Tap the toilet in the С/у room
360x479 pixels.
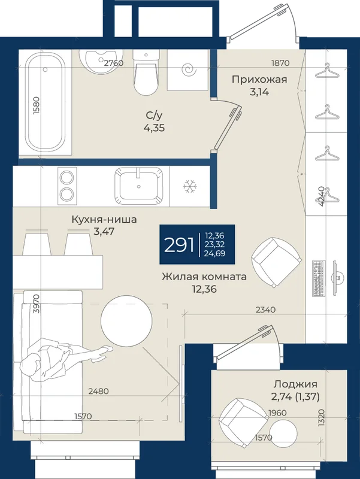[146, 72]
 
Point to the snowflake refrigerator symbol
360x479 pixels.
[190, 187]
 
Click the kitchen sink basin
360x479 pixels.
[139, 186]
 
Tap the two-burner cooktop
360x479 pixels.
[67, 186]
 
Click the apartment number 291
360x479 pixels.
[179, 244]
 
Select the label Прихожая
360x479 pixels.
[259, 80]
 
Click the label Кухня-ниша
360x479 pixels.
[104, 219]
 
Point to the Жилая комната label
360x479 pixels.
[204, 277]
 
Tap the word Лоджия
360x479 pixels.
[295, 384]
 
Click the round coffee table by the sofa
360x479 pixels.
[126, 321]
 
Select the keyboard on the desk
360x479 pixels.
[319, 278]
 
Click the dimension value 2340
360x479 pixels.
[265, 310]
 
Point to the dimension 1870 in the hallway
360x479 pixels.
[280, 63]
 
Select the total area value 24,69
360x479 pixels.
[215, 253]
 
